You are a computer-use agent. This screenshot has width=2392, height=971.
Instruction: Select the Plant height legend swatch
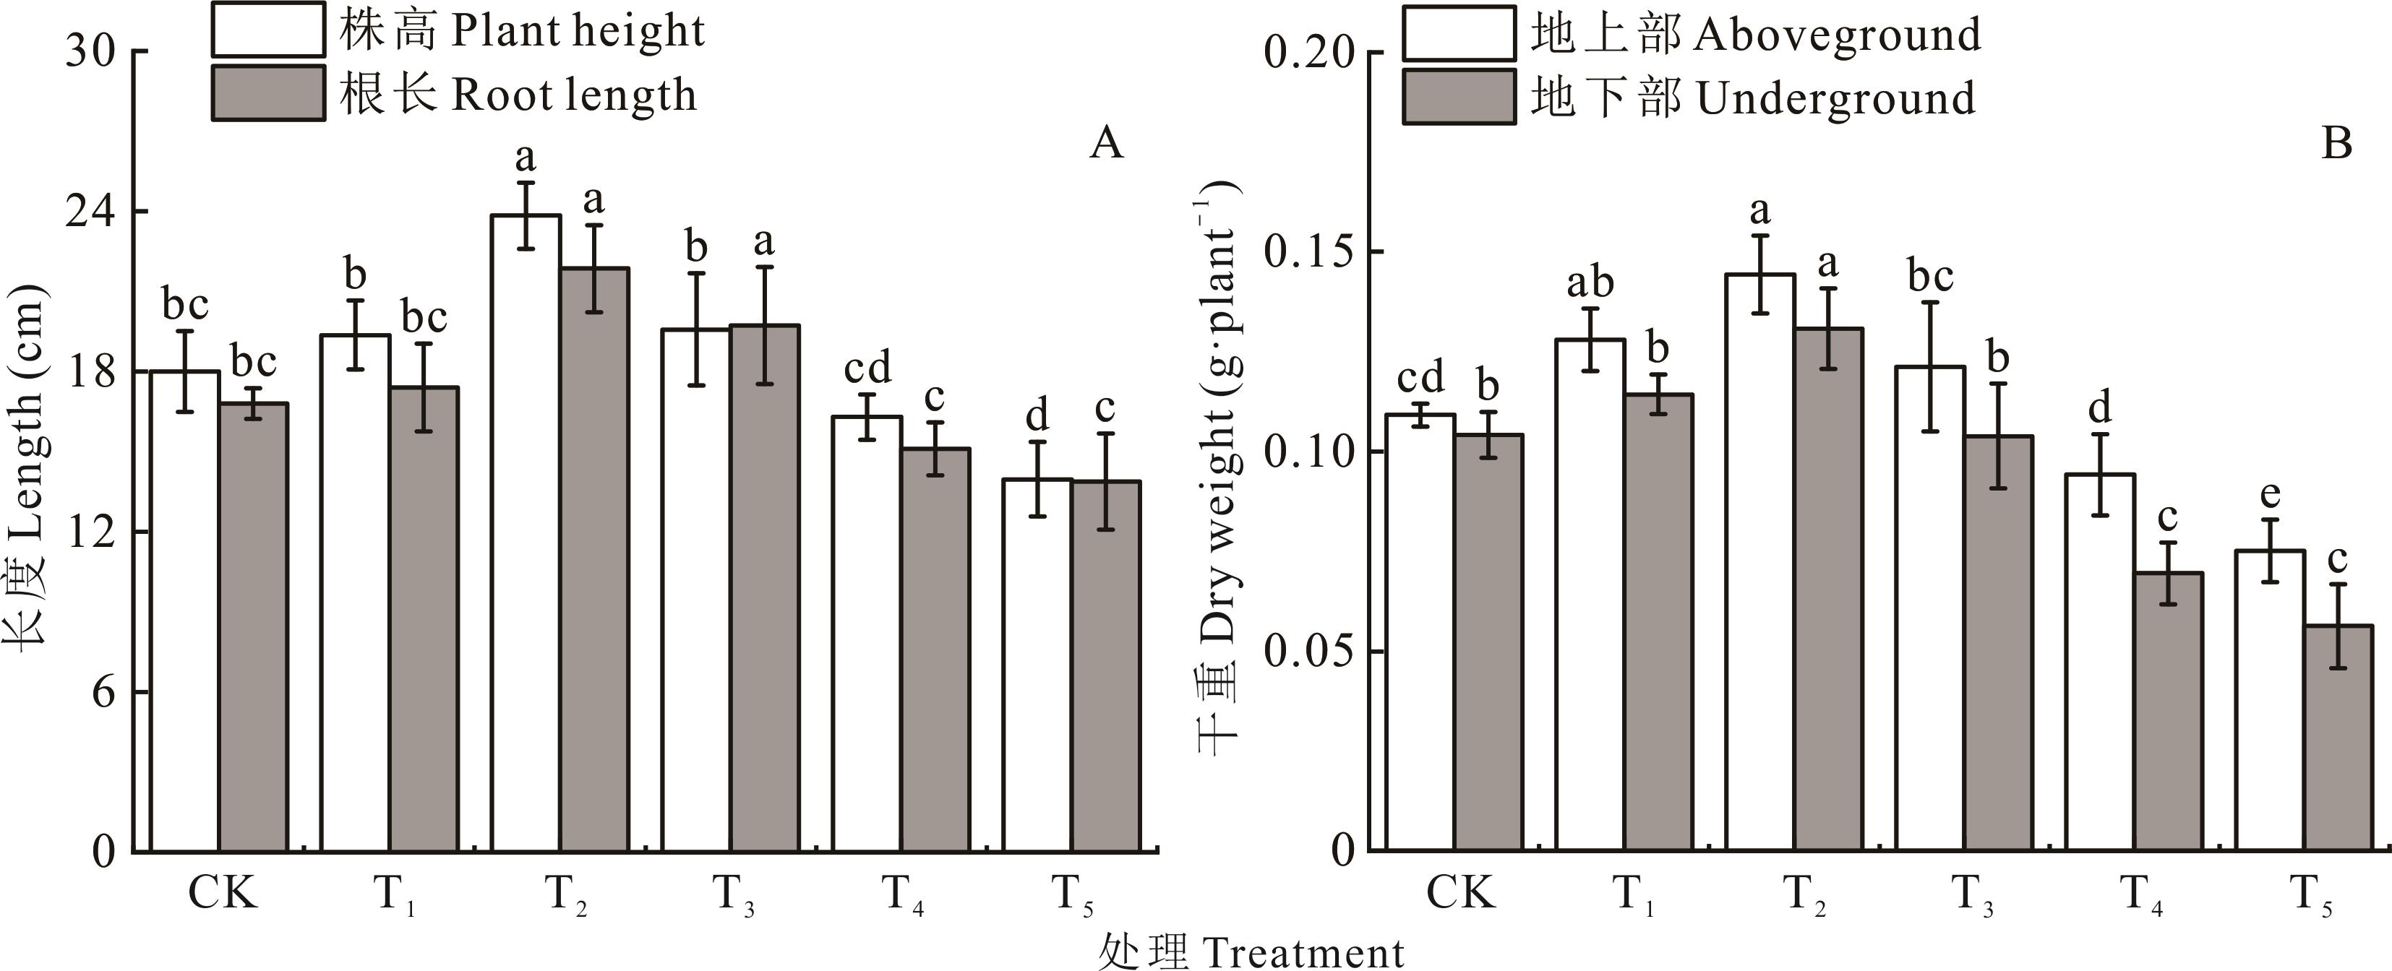pos(268,30)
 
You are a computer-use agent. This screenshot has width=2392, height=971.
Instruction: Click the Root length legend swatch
pos(268,92)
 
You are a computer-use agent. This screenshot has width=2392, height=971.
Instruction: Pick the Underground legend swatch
pos(1459,97)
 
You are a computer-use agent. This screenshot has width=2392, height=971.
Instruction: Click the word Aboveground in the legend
pos(1838,35)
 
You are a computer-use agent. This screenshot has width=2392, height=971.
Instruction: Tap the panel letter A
pos(1106,143)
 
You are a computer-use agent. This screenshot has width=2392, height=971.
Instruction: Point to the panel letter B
pos(2336,144)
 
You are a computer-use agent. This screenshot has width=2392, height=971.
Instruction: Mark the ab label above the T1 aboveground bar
pos(1590,282)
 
